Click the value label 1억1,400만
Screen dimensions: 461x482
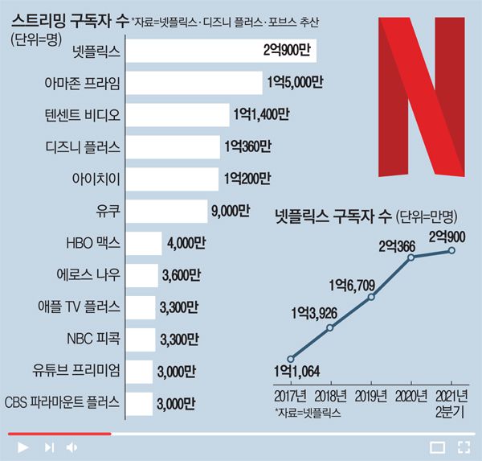(x=259, y=114)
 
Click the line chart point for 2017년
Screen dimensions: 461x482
(x=291, y=359)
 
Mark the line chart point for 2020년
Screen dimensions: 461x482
(x=411, y=257)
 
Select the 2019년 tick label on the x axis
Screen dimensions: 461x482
(x=371, y=395)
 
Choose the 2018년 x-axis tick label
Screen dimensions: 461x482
(x=330, y=395)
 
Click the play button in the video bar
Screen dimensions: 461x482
(x=22, y=447)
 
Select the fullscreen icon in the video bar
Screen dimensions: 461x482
(x=464, y=447)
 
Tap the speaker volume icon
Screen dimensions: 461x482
(x=72, y=447)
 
